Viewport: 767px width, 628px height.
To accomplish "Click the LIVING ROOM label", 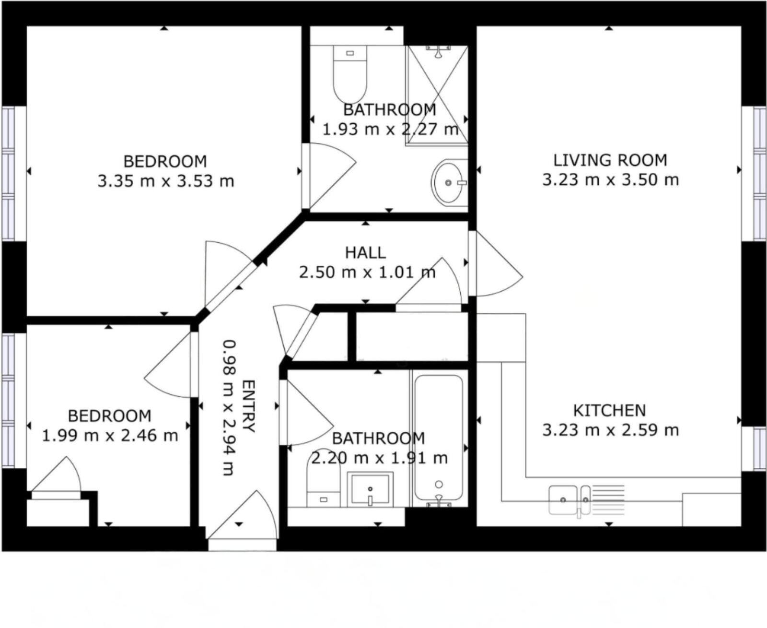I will tap(610, 160).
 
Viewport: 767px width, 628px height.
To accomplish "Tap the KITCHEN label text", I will tap(610, 411).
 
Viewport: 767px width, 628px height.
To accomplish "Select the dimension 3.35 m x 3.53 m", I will tap(166, 181).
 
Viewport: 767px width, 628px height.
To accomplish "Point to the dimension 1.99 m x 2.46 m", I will tap(110, 436).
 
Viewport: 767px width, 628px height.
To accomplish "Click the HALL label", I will tap(365, 252).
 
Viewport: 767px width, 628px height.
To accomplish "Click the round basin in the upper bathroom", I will tap(448, 182).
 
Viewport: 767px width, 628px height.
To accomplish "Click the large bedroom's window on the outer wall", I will tap(13, 173).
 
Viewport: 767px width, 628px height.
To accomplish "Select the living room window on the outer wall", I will tap(755, 173).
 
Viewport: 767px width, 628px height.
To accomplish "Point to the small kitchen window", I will tap(755, 449).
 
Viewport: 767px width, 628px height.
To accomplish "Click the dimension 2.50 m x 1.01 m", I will tap(367, 273).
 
